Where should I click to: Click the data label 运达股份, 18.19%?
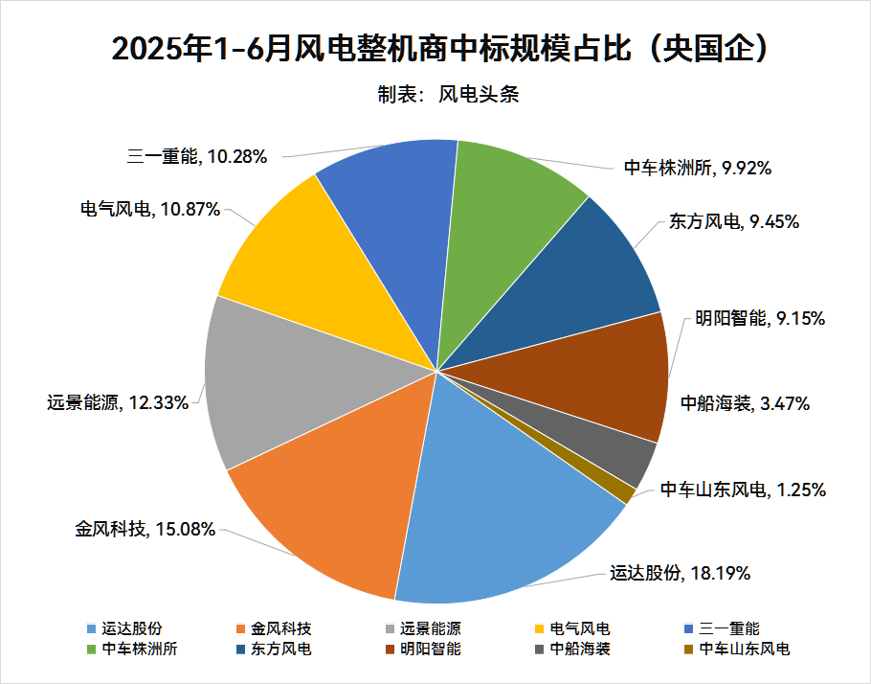click(680, 573)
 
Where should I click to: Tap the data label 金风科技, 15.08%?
click(145, 528)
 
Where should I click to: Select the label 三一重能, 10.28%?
click(195, 155)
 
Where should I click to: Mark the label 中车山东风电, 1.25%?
click(743, 490)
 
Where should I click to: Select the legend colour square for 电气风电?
click(541, 629)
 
